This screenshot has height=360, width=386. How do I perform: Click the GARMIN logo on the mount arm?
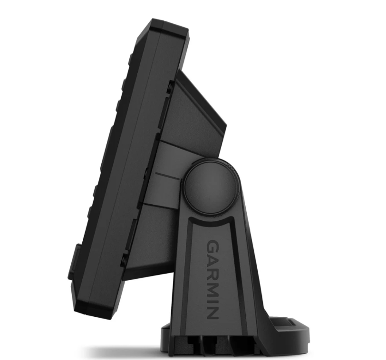(212, 280)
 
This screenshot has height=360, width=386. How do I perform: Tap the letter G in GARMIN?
(212, 246)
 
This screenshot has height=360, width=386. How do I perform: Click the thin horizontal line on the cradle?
(168, 175)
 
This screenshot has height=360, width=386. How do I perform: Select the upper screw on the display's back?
(170, 87)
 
